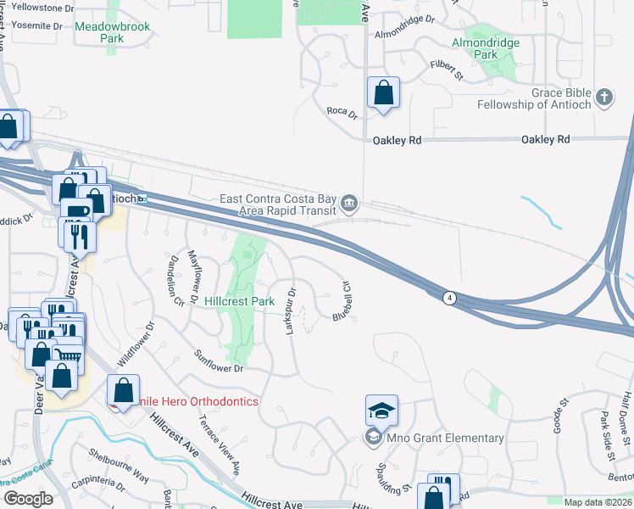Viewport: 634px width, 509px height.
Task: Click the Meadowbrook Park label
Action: coord(112,32)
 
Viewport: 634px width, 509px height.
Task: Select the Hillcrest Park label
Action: coord(240,301)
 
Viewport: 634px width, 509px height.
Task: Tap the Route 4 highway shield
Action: coord(448,297)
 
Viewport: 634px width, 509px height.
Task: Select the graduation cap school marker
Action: coord(381,411)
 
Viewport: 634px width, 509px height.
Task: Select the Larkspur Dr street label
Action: coord(291,310)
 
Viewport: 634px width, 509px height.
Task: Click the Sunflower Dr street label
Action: coord(219,361)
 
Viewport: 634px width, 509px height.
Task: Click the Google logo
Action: coord(27,499)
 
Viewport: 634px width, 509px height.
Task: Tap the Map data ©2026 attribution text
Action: coord(598,502)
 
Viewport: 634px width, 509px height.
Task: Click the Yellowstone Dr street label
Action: coord(34,8)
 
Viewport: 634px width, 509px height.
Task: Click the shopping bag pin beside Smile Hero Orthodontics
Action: coord(123,390)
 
